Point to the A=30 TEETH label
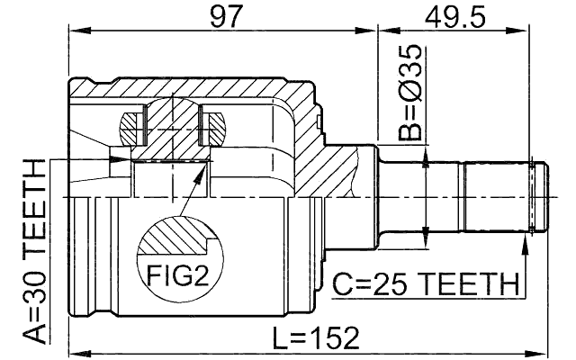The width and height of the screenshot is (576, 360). click(x=35, y=251)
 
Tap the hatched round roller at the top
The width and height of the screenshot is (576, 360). click(x=170, y=121)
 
